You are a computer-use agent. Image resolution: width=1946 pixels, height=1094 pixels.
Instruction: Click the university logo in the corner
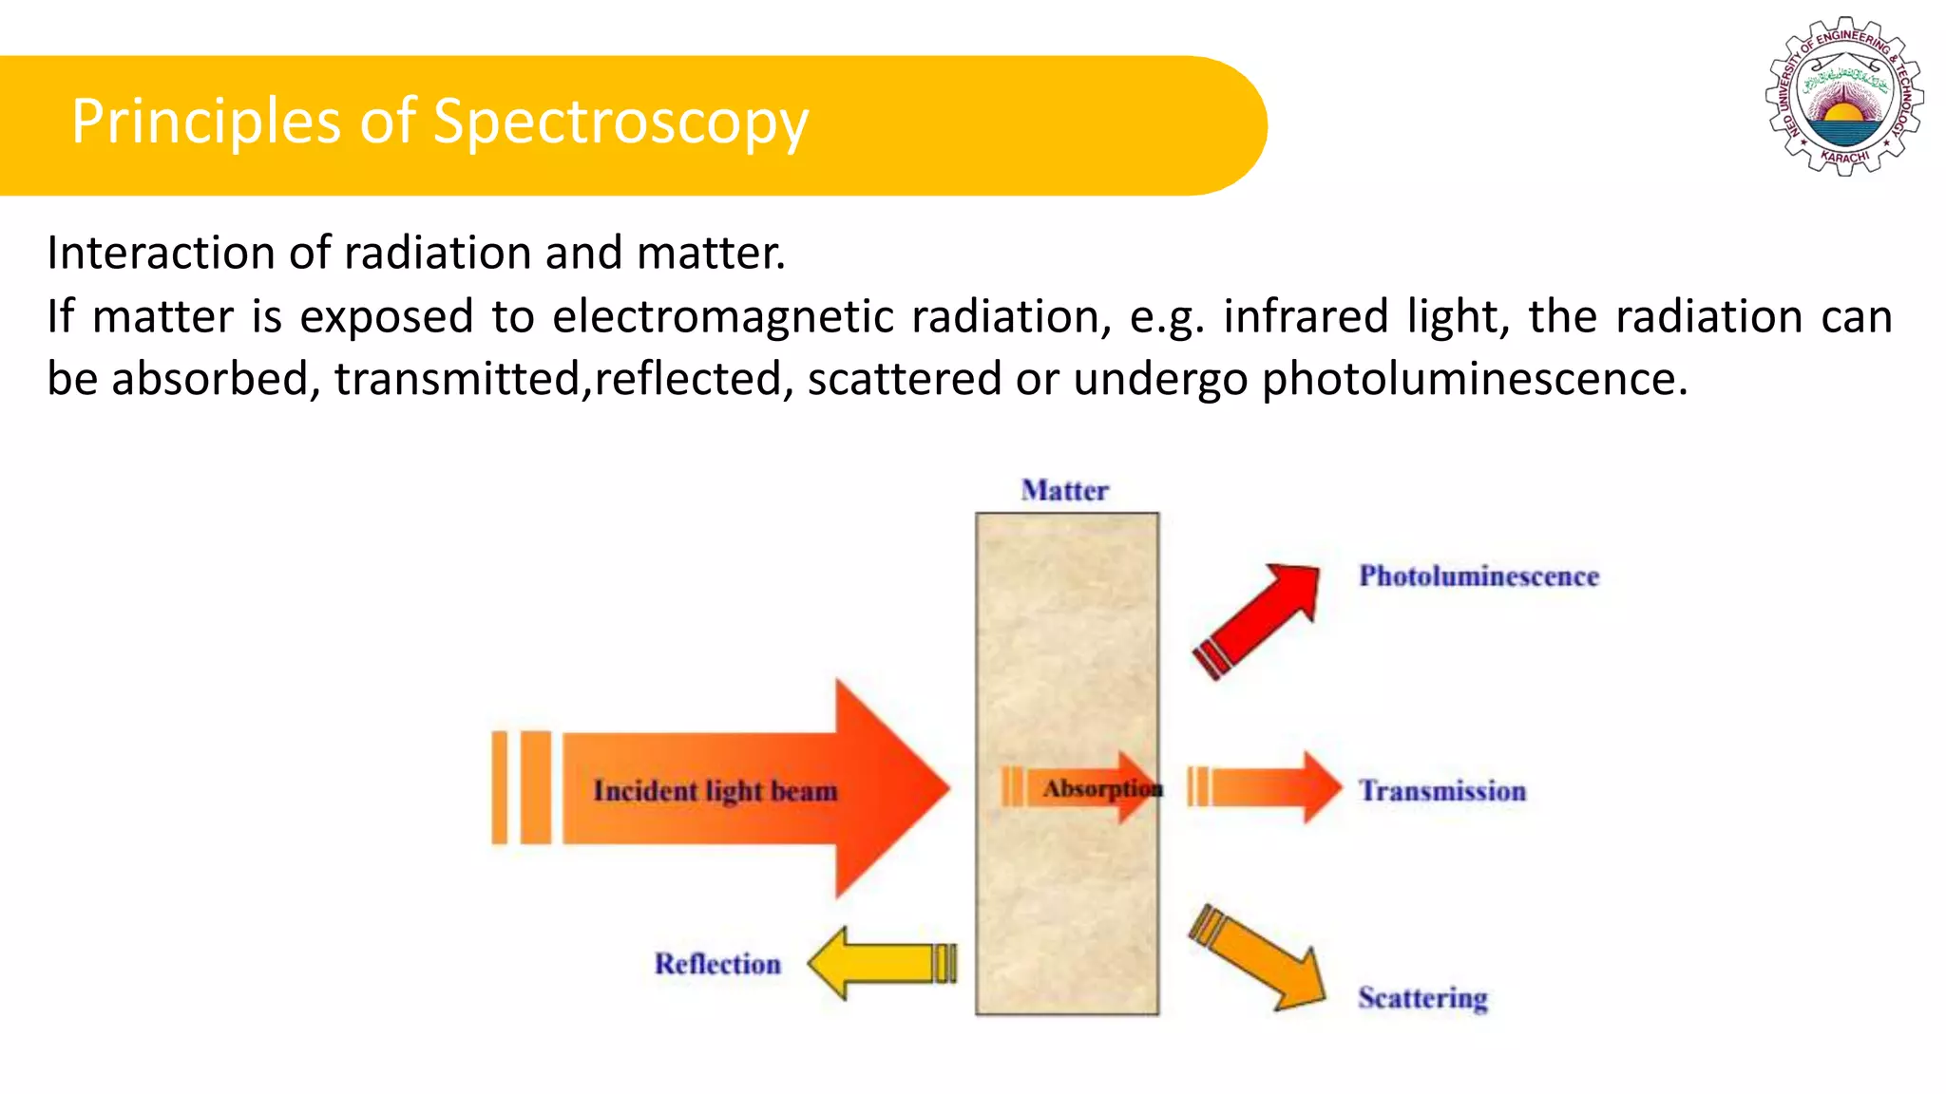point(1844,96)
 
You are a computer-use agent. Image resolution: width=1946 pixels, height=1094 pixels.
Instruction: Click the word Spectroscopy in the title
point(620,123)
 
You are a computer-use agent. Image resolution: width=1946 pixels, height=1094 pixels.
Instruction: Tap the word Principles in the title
point(205,123)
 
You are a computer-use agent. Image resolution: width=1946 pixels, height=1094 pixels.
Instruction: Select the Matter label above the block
point(1064,491)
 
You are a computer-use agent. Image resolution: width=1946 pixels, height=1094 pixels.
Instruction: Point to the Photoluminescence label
point(1479,576)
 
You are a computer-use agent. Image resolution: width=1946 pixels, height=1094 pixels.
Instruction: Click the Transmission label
point(1441,791)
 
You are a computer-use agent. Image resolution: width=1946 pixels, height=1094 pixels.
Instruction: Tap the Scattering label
point(1422,998)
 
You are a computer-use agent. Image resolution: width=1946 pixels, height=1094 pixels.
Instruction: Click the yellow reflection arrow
point(879,964)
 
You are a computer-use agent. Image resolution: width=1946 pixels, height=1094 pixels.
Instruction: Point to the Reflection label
point(717,964)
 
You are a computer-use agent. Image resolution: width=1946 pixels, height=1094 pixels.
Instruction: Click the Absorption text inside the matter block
point(1100,788)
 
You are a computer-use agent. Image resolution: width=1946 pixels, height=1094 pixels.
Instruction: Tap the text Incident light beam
point(715,791)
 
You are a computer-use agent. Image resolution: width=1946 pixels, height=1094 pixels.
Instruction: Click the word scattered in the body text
point(904,379)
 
